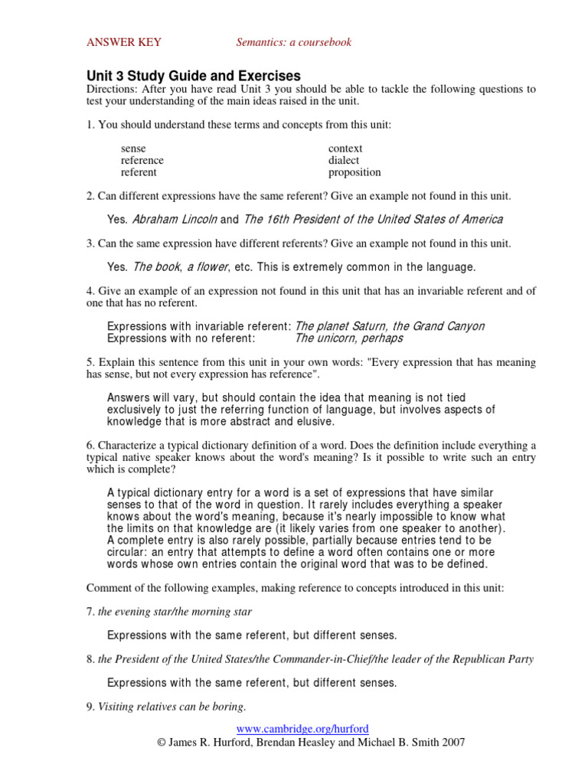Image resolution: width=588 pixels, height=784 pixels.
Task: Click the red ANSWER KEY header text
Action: (x=123, y=42)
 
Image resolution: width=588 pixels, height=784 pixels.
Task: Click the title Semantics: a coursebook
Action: (x=293, y=42)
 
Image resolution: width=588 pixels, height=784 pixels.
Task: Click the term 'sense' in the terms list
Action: (x=133, y=149)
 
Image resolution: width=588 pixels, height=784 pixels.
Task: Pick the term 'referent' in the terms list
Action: (x=139, y=172)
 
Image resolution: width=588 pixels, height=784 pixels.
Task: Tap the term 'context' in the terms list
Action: (x=345, y=149)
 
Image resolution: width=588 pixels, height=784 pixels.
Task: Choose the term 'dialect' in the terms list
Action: (x=344, y=161)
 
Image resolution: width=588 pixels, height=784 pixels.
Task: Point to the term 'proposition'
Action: (x=354, y=172)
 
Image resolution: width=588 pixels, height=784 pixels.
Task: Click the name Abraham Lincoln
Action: (x=175, y=220)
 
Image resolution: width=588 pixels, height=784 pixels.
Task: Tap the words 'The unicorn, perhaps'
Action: (x=348, y=338)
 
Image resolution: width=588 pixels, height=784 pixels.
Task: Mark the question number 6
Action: (x=90, y=446)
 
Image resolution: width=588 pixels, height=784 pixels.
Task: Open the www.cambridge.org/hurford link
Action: (x=296, y=729)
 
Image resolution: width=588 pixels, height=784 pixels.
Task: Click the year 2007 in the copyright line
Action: (x=451, y=742)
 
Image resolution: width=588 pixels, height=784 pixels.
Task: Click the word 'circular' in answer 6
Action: (x=127, y=552)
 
